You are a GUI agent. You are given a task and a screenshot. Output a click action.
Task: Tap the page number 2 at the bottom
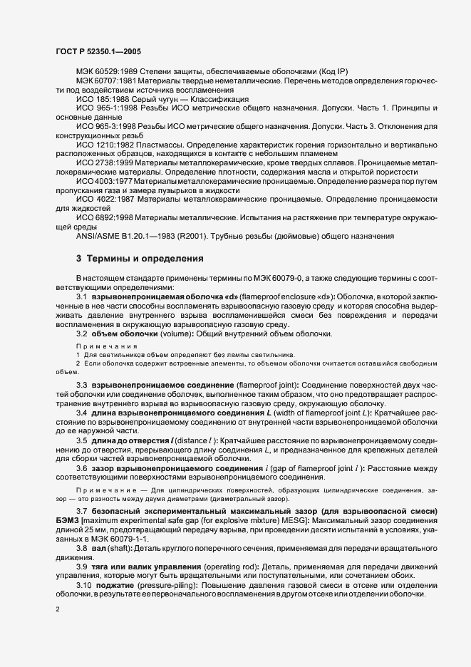57,610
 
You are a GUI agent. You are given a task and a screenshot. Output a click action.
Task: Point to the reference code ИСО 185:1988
101,98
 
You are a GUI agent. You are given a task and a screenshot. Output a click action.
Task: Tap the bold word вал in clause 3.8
98,527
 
